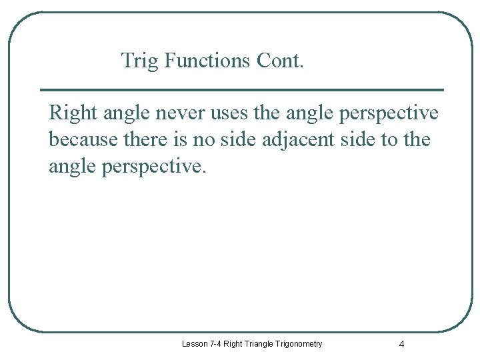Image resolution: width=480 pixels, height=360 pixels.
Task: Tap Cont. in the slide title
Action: coord(280,61)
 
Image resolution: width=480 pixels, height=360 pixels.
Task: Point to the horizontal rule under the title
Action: coord(241,89)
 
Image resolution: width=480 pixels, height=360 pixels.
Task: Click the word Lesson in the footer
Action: coord(195,344)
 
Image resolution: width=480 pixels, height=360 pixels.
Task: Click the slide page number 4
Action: coord(401,345)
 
